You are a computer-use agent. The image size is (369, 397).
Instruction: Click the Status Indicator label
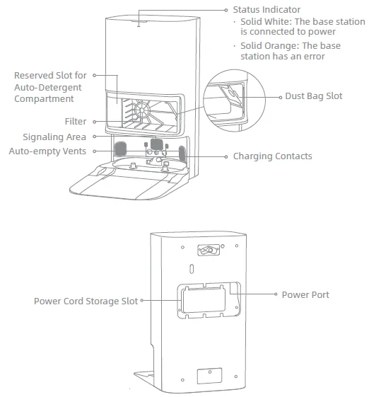pos(266,10)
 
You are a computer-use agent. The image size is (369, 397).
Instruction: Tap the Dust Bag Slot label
pos(314,96)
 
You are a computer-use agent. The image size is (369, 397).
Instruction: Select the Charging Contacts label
pos(272,156)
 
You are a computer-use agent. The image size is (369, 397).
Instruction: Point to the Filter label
pos(76,121)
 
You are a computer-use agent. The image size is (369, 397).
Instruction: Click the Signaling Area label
pos(54,137)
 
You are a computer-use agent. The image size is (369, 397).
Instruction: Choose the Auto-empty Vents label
pos(47,151)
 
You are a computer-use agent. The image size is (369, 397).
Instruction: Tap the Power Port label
pos(305,294)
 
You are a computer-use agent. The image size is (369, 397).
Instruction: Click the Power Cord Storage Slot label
pos(86,301)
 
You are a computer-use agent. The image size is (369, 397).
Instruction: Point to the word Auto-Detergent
pos(48,87)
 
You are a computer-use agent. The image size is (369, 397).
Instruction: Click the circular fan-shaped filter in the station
pos(142,110)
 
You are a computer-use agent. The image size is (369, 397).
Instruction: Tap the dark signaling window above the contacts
pos(156,144)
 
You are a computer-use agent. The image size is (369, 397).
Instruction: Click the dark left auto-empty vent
pos(120,149)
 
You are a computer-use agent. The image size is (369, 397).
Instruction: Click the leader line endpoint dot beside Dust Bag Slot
pos(280,97)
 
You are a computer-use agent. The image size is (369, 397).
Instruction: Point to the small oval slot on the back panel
pos(192,269)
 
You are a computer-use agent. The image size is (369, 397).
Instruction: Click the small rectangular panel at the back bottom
pos(209,376)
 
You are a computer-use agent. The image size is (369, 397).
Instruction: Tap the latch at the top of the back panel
pos(209,250)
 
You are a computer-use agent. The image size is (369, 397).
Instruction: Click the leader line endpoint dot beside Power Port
pos(276,294)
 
